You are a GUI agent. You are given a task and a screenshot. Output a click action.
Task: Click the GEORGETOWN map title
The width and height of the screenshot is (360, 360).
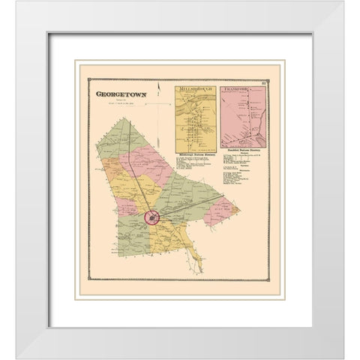pos(120,95)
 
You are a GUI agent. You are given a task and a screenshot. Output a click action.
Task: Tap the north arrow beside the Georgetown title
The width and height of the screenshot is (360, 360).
pos(160,105)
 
